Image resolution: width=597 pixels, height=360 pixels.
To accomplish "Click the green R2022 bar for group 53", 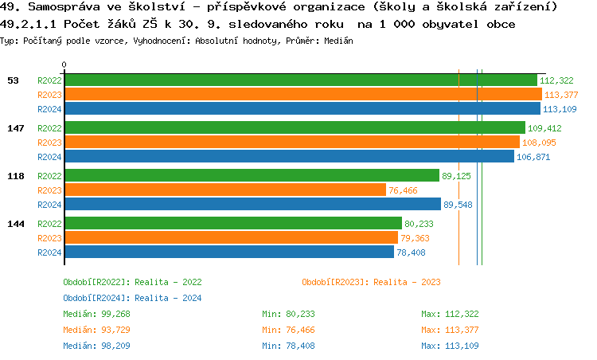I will pos(301,80).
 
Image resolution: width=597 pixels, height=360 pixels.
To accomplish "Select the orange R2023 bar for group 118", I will pos(224,190).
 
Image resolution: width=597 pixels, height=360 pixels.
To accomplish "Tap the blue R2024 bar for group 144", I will pos(228,252).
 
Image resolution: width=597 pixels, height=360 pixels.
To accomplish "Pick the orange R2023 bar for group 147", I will pos(291,142).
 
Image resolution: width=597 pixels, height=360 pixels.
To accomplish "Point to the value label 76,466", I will pos(403,190).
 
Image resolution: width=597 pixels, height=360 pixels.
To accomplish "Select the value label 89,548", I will pos(458,205).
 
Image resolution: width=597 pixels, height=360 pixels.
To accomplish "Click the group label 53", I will pos(13,80).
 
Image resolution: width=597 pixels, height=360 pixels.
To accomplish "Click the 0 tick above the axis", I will pos(64,65).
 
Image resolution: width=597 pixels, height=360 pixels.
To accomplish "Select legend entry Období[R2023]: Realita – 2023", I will pos(371,282).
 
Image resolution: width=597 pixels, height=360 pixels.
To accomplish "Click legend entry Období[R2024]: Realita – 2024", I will pos(132,298).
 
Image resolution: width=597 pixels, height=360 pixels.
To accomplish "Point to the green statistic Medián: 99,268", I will pos(96,314).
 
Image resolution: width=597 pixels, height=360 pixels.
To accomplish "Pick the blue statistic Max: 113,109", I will pos(450,346).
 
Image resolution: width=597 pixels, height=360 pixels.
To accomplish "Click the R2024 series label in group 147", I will pos(49,157).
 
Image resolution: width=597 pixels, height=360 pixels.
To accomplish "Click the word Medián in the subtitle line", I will pos(338,40).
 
